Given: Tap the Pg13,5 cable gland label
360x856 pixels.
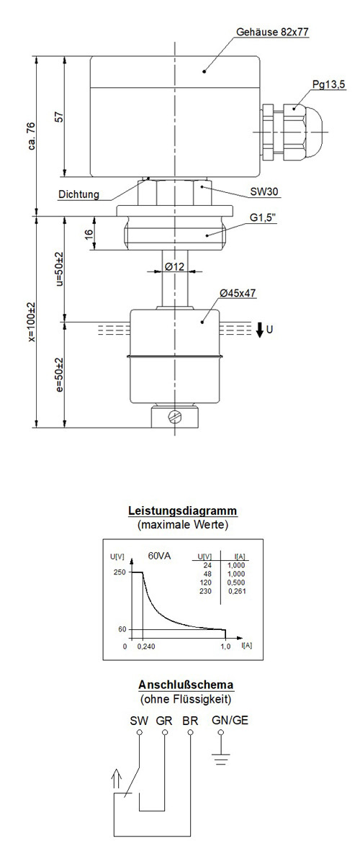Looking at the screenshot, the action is (329, 85).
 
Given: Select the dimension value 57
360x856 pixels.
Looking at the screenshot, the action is (60, 117).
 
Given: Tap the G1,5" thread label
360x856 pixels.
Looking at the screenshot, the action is (264, 218).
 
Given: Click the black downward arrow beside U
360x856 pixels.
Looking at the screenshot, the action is (259, 329).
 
